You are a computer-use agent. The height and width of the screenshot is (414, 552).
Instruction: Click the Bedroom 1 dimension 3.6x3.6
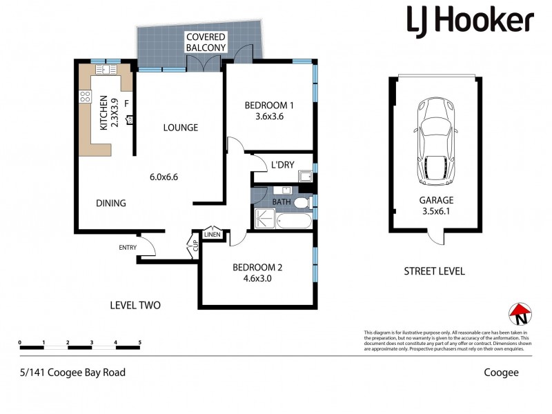point(270,117)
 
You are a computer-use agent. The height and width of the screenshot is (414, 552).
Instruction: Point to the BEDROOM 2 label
point(257,268)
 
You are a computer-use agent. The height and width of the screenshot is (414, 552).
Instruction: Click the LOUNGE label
point(181,128)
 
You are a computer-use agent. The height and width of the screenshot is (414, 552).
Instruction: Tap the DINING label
point(110,203)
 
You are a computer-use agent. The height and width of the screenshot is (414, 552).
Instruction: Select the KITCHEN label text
point(104,113)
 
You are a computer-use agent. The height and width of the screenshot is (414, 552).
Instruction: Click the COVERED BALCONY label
point(206,41)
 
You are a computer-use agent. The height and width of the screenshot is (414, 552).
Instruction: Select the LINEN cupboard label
point(213,234)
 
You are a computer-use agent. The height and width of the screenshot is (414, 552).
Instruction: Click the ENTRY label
point(128,248)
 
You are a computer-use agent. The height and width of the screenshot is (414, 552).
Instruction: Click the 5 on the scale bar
point(140,342)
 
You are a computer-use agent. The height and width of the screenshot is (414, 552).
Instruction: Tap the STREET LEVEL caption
point(434,271)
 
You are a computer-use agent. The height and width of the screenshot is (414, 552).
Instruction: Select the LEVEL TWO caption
point(135,304)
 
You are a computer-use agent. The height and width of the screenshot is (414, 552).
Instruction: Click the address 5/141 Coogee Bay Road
point(72,372)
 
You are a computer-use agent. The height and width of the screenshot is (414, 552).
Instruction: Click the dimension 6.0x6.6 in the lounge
point(164,177)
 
